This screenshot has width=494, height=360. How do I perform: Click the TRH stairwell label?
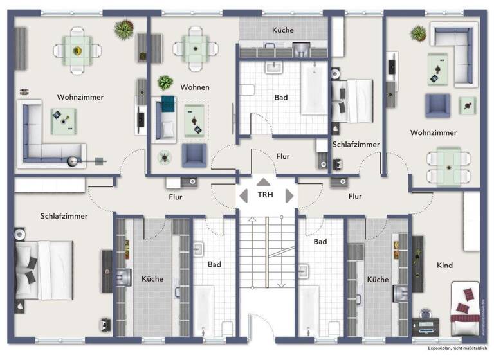pyautogui.click(x=265, y=195)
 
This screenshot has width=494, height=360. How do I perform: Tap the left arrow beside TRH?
pyautogui.click(x=243, y=195)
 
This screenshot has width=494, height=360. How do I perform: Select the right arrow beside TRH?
pyautogui.click(x=289, y=195)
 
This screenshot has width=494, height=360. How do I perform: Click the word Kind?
pyautogui.click(x=444, y=265)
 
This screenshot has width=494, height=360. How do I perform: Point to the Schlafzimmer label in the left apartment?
pyautogui.click(x=63, y=216)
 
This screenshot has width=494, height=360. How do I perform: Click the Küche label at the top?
pyautogui.click(x=283, y=30)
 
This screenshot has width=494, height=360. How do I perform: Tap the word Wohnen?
pyautogui.click(x=195, y=87)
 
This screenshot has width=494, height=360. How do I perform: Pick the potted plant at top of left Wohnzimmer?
pyautogui.click(x=123, y=28)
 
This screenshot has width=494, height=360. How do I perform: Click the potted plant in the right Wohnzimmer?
pyautogui.click(x=418, y=32)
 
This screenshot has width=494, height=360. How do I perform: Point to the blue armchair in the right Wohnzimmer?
pyautogui.click(x=437, y=105)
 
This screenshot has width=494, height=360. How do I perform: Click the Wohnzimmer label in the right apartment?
pyautogui.click(x=434, y=132)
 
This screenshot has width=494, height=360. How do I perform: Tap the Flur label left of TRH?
pyautogui.click(x=175, y=197)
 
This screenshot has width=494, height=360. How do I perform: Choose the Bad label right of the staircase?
pyautogui.click(x=320, y=242)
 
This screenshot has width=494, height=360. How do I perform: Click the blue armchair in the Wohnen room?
pyautogui.click(x=194, y=154)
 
